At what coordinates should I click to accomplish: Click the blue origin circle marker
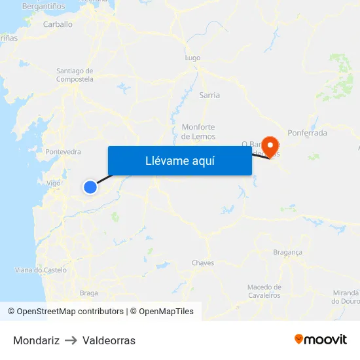[x=90, y=187]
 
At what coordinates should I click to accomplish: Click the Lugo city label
[x=192, y=58]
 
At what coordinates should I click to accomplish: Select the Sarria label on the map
[x=209, y=95]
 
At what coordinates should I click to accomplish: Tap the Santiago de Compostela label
[x=75, y=75]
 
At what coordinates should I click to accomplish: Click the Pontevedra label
[x=63, y=152]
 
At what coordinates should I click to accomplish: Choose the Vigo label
[x=54, y=183]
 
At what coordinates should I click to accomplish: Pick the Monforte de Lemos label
[x=198, y=132]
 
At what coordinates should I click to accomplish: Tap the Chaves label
[x=203, y=263]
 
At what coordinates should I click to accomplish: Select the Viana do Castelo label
[x=41, y=270]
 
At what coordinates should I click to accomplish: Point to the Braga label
[x=88, y=293]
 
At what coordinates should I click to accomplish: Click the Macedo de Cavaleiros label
[x=264, y=291]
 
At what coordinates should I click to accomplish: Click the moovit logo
[x=321, y=339]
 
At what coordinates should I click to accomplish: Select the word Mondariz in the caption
[x=36, y=340]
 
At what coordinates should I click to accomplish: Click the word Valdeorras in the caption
[x=109, y=340]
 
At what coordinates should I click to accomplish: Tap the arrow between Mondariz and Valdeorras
[x=71, y=340]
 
